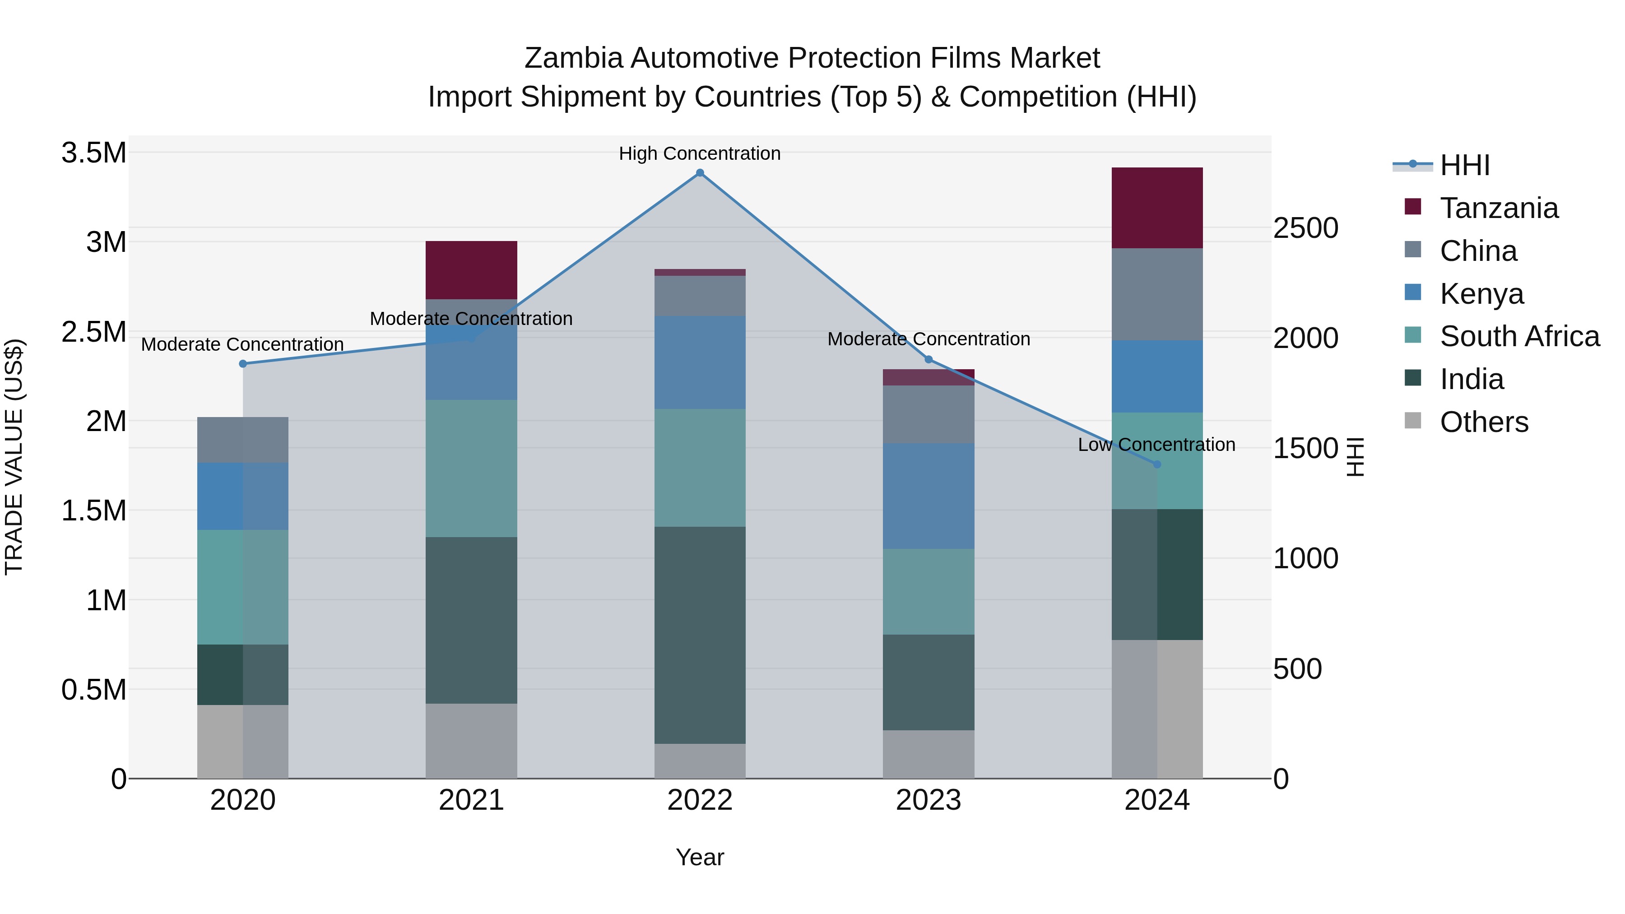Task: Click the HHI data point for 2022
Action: pos(700,173)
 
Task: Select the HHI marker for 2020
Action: pos(243,364)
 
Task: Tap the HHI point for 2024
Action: pos(1157,464)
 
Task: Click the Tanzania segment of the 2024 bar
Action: pos(1157,208)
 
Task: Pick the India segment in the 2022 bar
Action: pos(700,635)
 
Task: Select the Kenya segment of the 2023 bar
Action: pos(928,496)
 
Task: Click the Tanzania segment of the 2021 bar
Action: pos(471,270)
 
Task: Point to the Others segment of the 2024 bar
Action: pos(1157,709)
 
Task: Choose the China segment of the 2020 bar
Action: pos(243,440)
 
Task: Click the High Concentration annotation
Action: pos(700,153)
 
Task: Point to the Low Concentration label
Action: pos(1156,445)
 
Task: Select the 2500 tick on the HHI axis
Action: pos(1305,228)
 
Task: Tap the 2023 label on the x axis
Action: pos(928,800)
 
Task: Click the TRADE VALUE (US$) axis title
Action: pos(14,457)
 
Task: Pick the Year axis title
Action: pos(700,857)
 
